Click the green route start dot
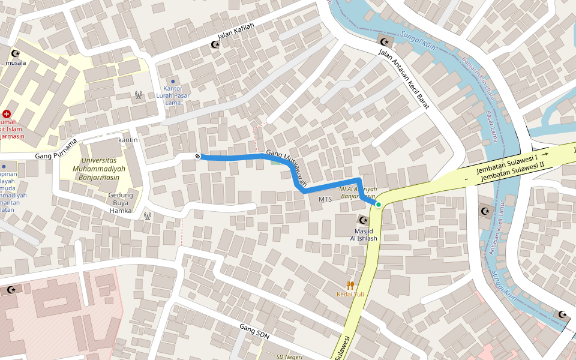(379, 205)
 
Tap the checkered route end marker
(197, 157)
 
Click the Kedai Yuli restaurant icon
(350, 285)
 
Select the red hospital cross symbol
(7, 113)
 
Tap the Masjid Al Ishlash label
(364, 235)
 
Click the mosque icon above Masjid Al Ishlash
(364, 220)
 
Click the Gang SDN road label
(254, 332)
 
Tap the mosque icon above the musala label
(16, 53)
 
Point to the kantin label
(128, 140)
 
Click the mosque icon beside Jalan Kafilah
(215, 45)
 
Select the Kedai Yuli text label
(350, 295)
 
